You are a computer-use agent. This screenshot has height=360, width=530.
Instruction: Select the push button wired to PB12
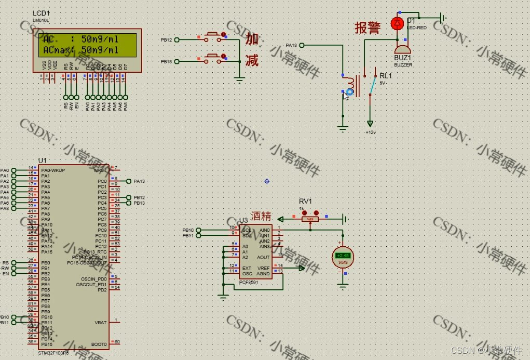(x=212, y=36)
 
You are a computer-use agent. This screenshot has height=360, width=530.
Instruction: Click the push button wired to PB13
(x=212, y=58)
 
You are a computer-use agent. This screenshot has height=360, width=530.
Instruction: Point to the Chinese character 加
(x=252, y=39)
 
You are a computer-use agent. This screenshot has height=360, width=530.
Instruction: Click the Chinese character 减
(x=252, y=60)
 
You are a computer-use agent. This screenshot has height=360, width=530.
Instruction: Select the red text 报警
(x=368, y=28)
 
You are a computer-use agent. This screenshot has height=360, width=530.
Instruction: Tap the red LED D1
(x=398, y=23)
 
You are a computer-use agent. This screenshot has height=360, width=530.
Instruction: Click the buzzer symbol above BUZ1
(x=402, y=48)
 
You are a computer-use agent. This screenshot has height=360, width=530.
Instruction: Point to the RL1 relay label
(x=386, y=75)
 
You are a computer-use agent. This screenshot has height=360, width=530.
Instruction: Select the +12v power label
(x=370, y=132)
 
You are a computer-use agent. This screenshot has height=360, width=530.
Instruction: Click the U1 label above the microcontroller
(x=43, y=161)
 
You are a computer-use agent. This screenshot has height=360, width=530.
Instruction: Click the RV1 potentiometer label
(x=305, y=201)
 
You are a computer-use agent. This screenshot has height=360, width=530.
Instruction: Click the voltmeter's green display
(x=343, y=256)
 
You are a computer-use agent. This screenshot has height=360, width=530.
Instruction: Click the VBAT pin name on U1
(x=100, y=322)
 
